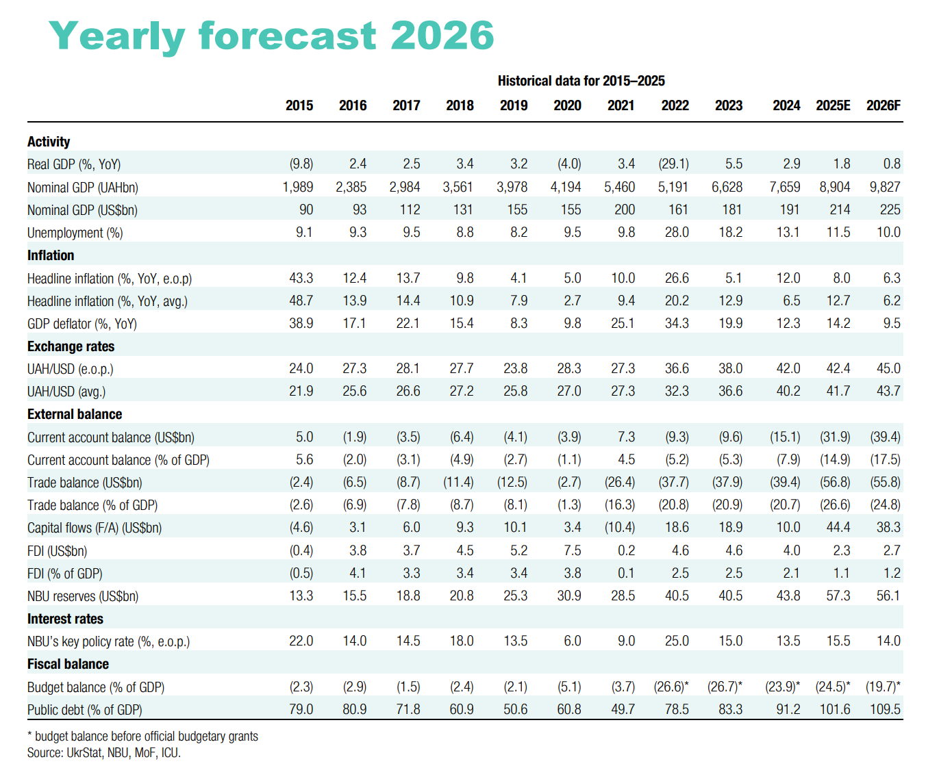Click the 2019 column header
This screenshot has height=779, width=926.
pos(514,105)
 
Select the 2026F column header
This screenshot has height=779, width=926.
pos(883,105)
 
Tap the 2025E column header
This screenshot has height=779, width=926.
pos(833,105)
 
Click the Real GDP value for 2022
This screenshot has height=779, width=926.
pos(674,164)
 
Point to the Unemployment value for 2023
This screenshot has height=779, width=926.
pos(731,233)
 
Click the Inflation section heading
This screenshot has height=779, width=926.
pos(51,255)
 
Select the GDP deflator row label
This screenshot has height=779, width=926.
pos(82,324)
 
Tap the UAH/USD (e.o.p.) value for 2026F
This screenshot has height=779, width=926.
pos(888,369)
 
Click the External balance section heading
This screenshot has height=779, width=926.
pos(75,414)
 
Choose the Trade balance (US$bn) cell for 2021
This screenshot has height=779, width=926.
pos(620,483)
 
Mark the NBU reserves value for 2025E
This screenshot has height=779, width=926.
pos(838,596)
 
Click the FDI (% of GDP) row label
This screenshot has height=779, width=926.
pos(65,574)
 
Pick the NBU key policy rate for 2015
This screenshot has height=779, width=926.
pos(301,641)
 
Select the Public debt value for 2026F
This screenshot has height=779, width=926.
pos(885,710)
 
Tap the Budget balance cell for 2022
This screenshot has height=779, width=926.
pos(672,687)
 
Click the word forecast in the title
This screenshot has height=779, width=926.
pos(288,36)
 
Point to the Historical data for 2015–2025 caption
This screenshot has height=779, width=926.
pos(581,81)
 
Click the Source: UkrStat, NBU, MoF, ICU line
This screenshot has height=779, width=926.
pos(104,753)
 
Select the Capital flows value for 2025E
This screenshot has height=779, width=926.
pos(838,528)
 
